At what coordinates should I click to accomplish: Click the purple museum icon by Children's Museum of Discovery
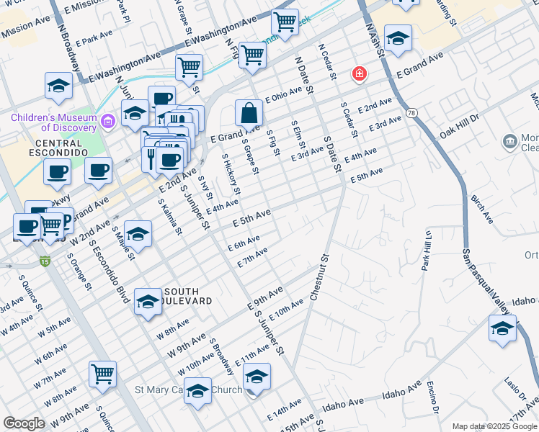click(x=108, y=121)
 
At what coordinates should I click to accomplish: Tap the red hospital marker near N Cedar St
click(x=358, y=73)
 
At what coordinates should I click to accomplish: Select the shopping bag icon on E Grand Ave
click(x=249, y=113)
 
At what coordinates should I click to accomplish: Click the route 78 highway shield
click(x=411, y=114)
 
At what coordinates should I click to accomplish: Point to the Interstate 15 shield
click(x=45, y=260)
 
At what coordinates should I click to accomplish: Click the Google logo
click(x=24, y=423)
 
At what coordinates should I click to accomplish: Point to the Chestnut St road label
click(x=319, y=277)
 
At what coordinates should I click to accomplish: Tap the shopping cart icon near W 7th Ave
click(x=103, y=374)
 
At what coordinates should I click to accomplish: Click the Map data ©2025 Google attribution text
click(x=494, y=426)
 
